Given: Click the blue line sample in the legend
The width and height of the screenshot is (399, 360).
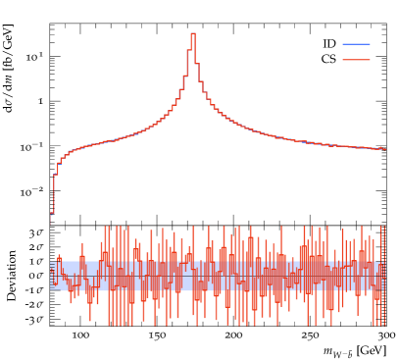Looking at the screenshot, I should [x=356, y=44].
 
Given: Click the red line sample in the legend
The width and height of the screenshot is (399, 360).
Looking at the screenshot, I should [x=356, y=60].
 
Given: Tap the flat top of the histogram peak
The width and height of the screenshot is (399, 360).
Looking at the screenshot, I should [x=193, y=34].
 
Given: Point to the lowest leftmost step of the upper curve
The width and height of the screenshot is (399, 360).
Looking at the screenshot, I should [x=52, y=213].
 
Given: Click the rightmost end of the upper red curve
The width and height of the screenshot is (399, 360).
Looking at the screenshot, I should [x=384, y=149].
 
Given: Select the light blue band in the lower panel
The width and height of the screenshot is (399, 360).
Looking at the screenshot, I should [x=216, y=276].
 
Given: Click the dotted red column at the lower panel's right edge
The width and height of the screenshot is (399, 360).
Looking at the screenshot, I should [x=381, y=275].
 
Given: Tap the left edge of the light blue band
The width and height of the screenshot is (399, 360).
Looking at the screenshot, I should [x=51, y=276].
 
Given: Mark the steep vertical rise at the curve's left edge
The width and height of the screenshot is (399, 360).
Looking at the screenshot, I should [x=54, y=191].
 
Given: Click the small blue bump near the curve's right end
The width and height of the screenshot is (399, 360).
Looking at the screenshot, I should [x=380, y=147].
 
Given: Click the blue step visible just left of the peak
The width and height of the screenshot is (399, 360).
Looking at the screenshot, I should [x=184, y=75].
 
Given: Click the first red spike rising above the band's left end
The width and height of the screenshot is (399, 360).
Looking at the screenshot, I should [x=59, y=257].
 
